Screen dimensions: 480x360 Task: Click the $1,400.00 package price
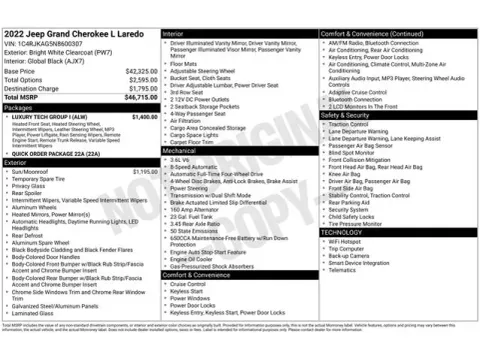(145, 118)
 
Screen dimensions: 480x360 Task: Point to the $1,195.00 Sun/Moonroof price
(145, 171)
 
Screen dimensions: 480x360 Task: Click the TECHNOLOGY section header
(345, 232)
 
